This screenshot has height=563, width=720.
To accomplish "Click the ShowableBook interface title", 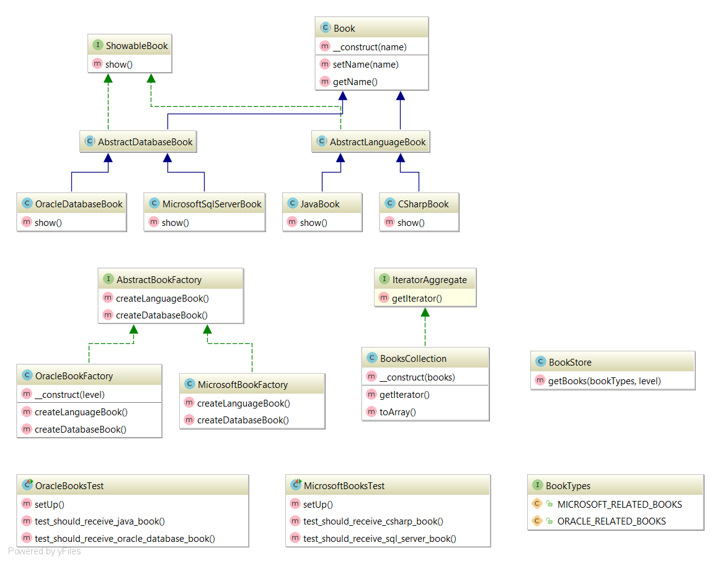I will [136, 46].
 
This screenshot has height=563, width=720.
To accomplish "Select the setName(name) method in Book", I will [365, 64].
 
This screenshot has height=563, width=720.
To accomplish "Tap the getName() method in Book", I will [355, 81].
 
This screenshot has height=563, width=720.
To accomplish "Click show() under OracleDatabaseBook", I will [48, 222].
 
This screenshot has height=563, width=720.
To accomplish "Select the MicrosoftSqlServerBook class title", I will [211, 204].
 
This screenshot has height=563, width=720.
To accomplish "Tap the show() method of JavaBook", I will [313, 222].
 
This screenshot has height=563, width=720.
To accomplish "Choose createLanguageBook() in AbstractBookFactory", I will [162, 298].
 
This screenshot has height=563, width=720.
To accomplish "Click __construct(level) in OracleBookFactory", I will [69, 394].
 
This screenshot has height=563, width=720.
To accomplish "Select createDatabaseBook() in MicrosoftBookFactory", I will [242, 420].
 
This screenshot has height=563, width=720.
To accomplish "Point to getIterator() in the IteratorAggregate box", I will [417, 298].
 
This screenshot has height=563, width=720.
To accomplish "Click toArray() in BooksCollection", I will [398, 411].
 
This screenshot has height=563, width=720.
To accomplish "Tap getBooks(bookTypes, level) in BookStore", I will [604, 381].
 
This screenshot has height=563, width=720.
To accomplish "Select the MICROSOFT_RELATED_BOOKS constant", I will [619, 504].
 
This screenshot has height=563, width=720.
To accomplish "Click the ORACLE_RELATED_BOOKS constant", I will [611, 521].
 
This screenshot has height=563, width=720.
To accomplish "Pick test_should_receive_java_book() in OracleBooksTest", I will [99, 521].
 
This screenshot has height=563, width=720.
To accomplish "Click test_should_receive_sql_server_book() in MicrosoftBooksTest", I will [379, 539].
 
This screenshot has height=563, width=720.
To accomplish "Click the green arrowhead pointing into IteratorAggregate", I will [425, 312].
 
